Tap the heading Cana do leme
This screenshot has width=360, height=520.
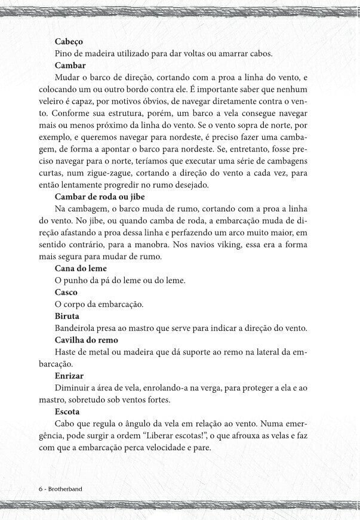(x=81, y=268)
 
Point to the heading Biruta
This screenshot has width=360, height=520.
(x=67, y=316)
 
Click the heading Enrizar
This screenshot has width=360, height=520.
(x=69, y=376)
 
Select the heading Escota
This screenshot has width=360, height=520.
(x=67, y=411)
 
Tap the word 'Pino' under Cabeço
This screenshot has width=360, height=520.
(x=63, y=54)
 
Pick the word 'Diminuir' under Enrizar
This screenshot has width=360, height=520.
(x=72, y=387)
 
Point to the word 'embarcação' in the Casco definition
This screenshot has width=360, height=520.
(x=122, y=304)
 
